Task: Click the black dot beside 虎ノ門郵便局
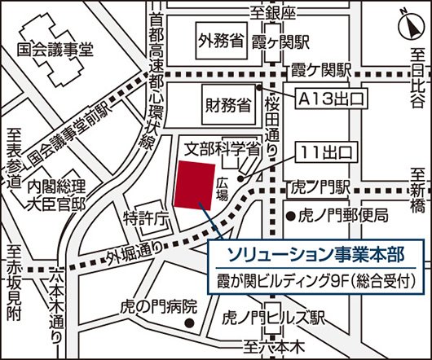(289, 216)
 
